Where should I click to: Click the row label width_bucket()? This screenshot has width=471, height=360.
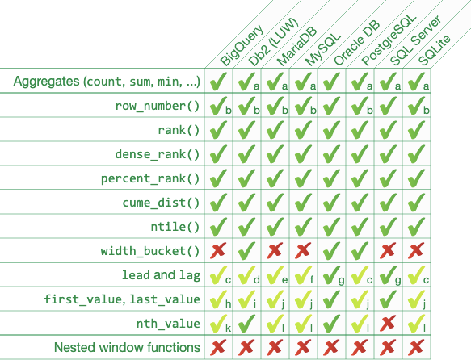[150, 251]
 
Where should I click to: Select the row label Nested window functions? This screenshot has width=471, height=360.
[127, 348]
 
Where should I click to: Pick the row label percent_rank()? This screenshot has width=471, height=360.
[150, 178]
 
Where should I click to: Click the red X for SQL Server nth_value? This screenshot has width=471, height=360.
[385, 324]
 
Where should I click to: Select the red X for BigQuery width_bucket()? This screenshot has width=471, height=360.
[217, 251]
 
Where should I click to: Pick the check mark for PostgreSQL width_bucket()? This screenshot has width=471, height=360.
[357, 251]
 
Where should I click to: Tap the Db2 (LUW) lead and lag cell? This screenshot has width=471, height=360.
[246, 275]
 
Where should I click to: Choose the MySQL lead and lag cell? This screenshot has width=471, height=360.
[301, 275]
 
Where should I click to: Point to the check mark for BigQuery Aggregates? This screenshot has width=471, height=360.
[217, 82]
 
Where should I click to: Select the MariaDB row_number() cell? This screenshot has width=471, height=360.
[273, 106]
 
